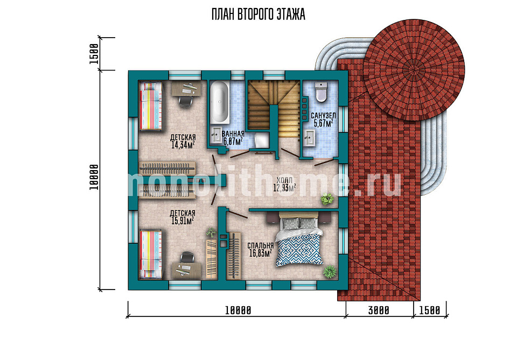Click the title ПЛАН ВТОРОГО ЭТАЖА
point(258,15)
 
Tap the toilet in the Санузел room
point(321,91)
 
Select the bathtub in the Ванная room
point(219,103)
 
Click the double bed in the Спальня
point(299,239)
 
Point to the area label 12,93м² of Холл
point(284,188)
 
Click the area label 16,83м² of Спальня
point(261,253)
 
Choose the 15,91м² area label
point(183,221)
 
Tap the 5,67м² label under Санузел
point(323,123)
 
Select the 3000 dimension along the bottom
point(379,310)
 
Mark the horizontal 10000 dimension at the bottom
point(238,310)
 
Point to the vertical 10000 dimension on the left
point(94,177)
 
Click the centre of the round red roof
point(414,70)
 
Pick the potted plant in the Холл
point(327,199)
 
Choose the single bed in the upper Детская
point(151,105)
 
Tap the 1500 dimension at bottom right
point(429,310)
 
